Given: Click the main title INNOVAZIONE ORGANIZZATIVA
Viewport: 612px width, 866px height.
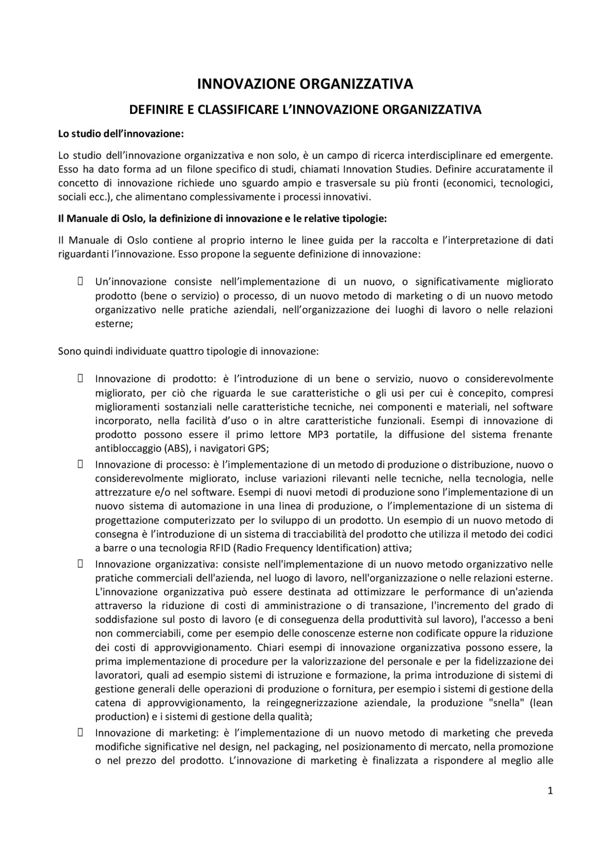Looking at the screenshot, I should (305, 84).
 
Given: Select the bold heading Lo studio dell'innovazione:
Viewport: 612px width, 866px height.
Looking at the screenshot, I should (121, 134).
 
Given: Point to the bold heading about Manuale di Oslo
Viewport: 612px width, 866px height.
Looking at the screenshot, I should (222, 219).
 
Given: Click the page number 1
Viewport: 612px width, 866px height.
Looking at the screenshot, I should (550, 791).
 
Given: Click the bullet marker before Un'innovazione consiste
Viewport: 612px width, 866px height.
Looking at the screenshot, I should (80, 281).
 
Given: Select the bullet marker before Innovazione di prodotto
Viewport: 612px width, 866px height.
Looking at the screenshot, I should (80, 378).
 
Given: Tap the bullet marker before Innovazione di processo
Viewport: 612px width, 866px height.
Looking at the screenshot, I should (80, 464).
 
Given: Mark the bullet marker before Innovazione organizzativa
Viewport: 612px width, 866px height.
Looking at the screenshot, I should (80, 564).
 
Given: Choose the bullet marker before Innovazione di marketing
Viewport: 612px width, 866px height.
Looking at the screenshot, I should (80, 732).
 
